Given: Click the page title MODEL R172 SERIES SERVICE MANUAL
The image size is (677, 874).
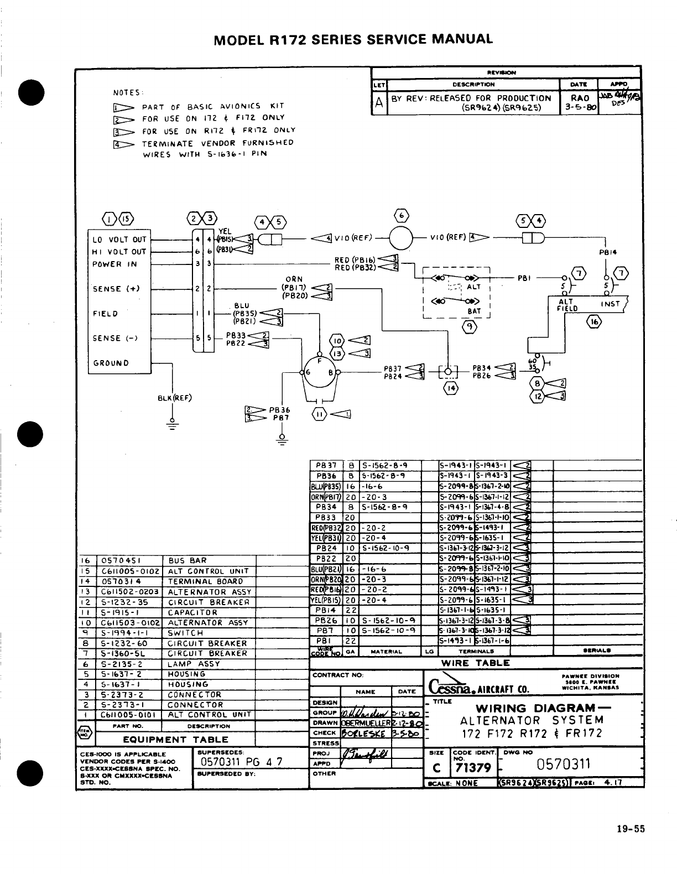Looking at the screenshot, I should click(353, 39).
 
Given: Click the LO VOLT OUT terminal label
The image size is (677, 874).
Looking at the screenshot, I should click(119, 240).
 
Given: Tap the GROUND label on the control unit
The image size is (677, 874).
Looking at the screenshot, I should click(111, 363).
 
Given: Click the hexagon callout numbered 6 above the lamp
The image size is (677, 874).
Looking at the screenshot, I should click(402, 216).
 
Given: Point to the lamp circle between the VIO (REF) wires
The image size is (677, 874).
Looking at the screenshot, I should click(402, 239).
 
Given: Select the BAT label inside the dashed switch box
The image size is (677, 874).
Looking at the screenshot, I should click(474, 311).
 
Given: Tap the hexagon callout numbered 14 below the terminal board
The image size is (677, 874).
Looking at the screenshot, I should click(451, 388).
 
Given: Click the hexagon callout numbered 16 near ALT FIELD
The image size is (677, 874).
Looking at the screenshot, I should click(593, 322).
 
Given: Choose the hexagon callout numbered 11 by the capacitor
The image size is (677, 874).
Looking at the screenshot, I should click(320, 414).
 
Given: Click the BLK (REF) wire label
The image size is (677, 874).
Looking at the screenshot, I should click(175, 397).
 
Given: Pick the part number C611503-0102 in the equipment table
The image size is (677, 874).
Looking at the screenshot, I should click(131, 622).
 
